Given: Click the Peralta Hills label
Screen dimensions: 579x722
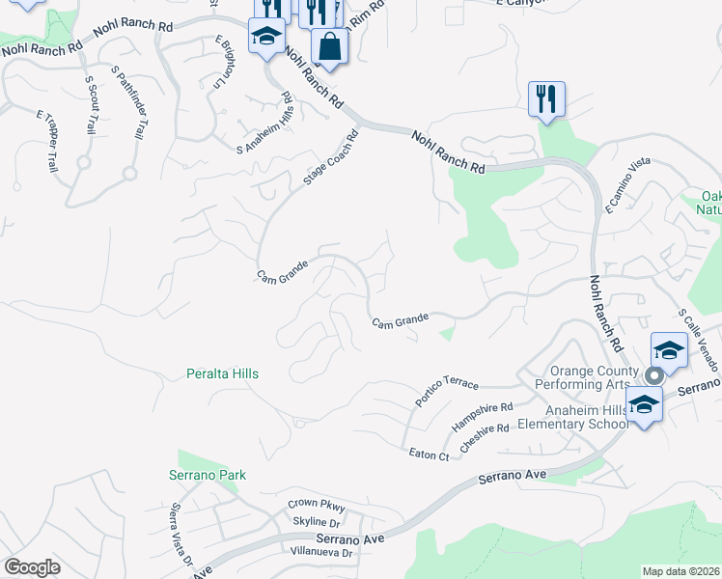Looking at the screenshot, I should (222, 373).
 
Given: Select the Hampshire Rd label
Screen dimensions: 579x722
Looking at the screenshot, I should (483, 417).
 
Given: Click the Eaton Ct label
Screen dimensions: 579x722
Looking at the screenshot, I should (429, 455).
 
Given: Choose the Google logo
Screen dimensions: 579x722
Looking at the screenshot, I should (32, 566).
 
